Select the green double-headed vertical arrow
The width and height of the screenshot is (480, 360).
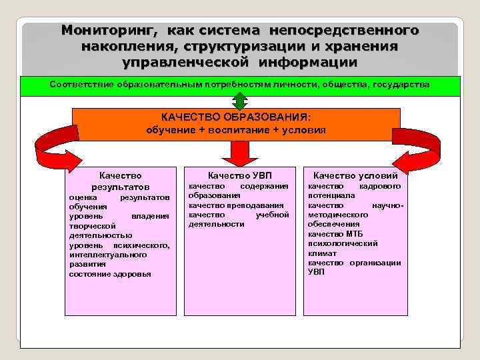click(239, 101)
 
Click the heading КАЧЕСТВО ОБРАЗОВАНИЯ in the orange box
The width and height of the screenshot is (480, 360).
click(235, 117)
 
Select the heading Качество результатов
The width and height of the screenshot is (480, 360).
click(120, 181)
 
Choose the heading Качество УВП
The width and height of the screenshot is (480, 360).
click(239, 175)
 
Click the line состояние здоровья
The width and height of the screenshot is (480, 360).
click(110, 274)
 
